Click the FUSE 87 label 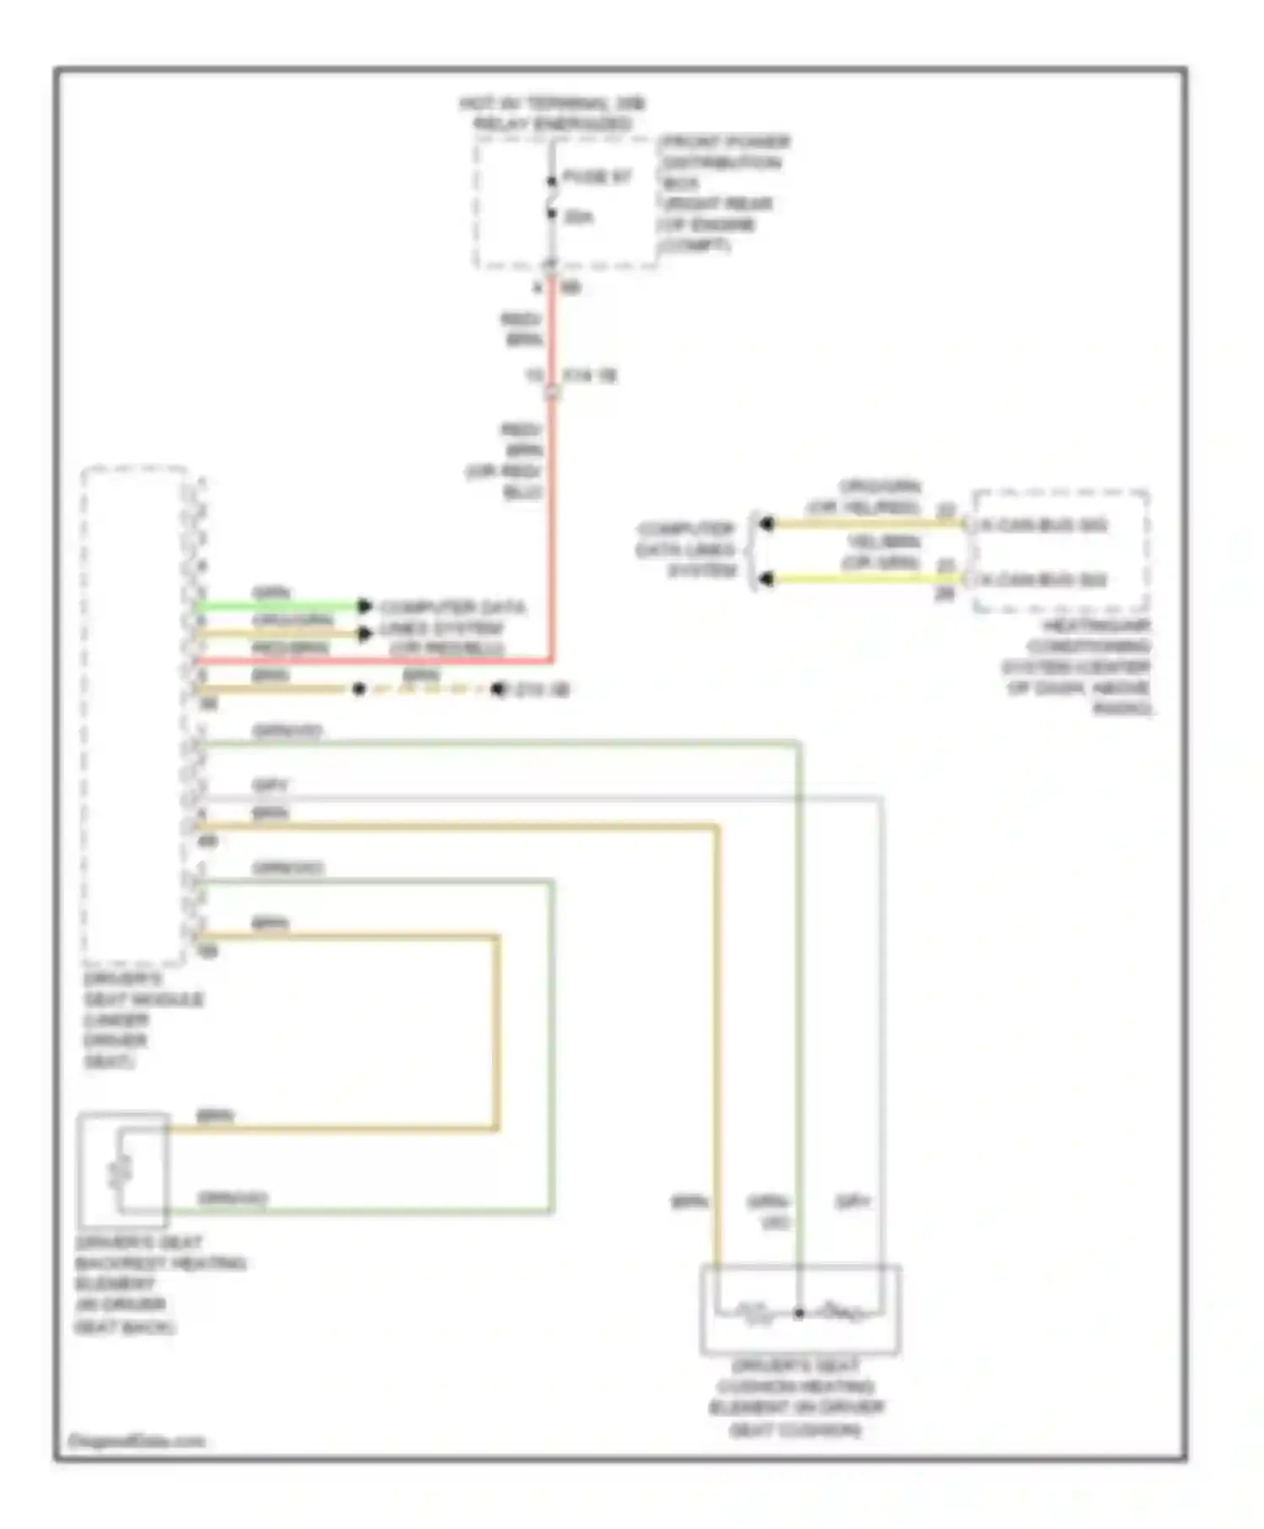tap(597, 178)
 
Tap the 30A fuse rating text tap(578, 217)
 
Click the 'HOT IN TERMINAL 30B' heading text tap(552, 105)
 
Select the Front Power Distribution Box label tap(724, 193)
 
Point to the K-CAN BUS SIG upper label tap(1043, 526)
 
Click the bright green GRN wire tap(278, 606)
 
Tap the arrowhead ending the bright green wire tap(364, 606)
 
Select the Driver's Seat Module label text tap(142, 1020)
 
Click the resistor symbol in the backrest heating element tap(121, 1170)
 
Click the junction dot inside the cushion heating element tap(799, 1312)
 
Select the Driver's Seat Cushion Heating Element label tap(796, 1398)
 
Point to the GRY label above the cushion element tap(853, 1202)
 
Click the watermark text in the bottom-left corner tap(137, 1440)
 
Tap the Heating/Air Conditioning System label tap(1079, 668)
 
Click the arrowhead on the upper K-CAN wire tap(766, 524)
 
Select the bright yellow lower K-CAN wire tap(860, 579)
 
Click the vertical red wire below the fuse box tap(552, 506)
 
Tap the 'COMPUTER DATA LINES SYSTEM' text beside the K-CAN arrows tap(687, 550)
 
